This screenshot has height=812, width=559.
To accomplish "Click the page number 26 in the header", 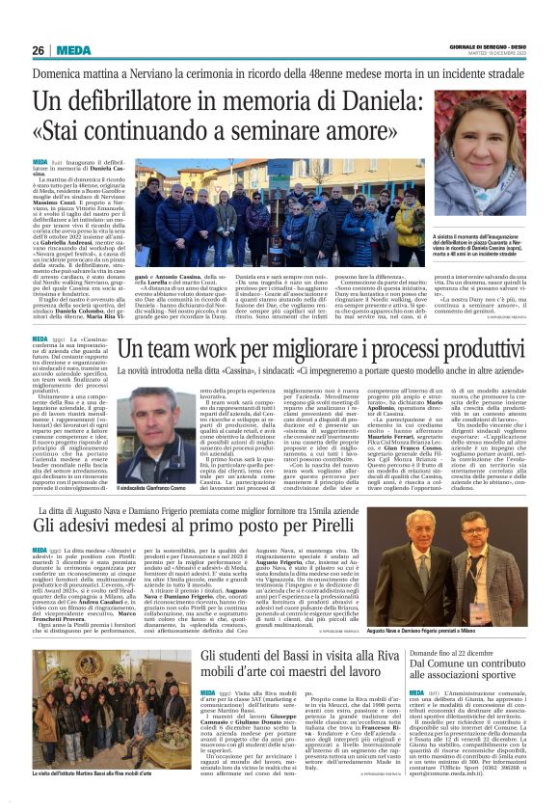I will [x=39, y=49].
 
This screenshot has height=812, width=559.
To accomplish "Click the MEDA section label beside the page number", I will [x=72, y=49].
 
